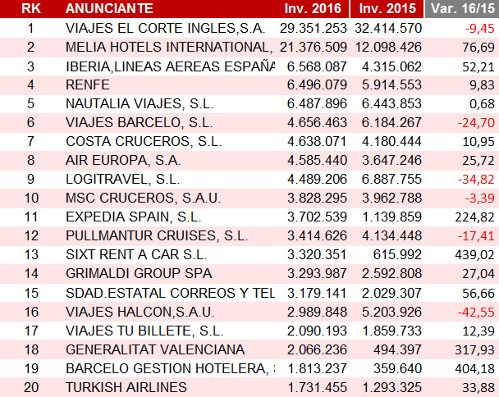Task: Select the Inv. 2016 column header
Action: point(313,9)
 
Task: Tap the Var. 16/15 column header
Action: point(461,9)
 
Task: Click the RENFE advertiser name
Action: point(88,84)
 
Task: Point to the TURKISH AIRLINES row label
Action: point(126,386)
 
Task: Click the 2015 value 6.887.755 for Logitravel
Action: point(388,179)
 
